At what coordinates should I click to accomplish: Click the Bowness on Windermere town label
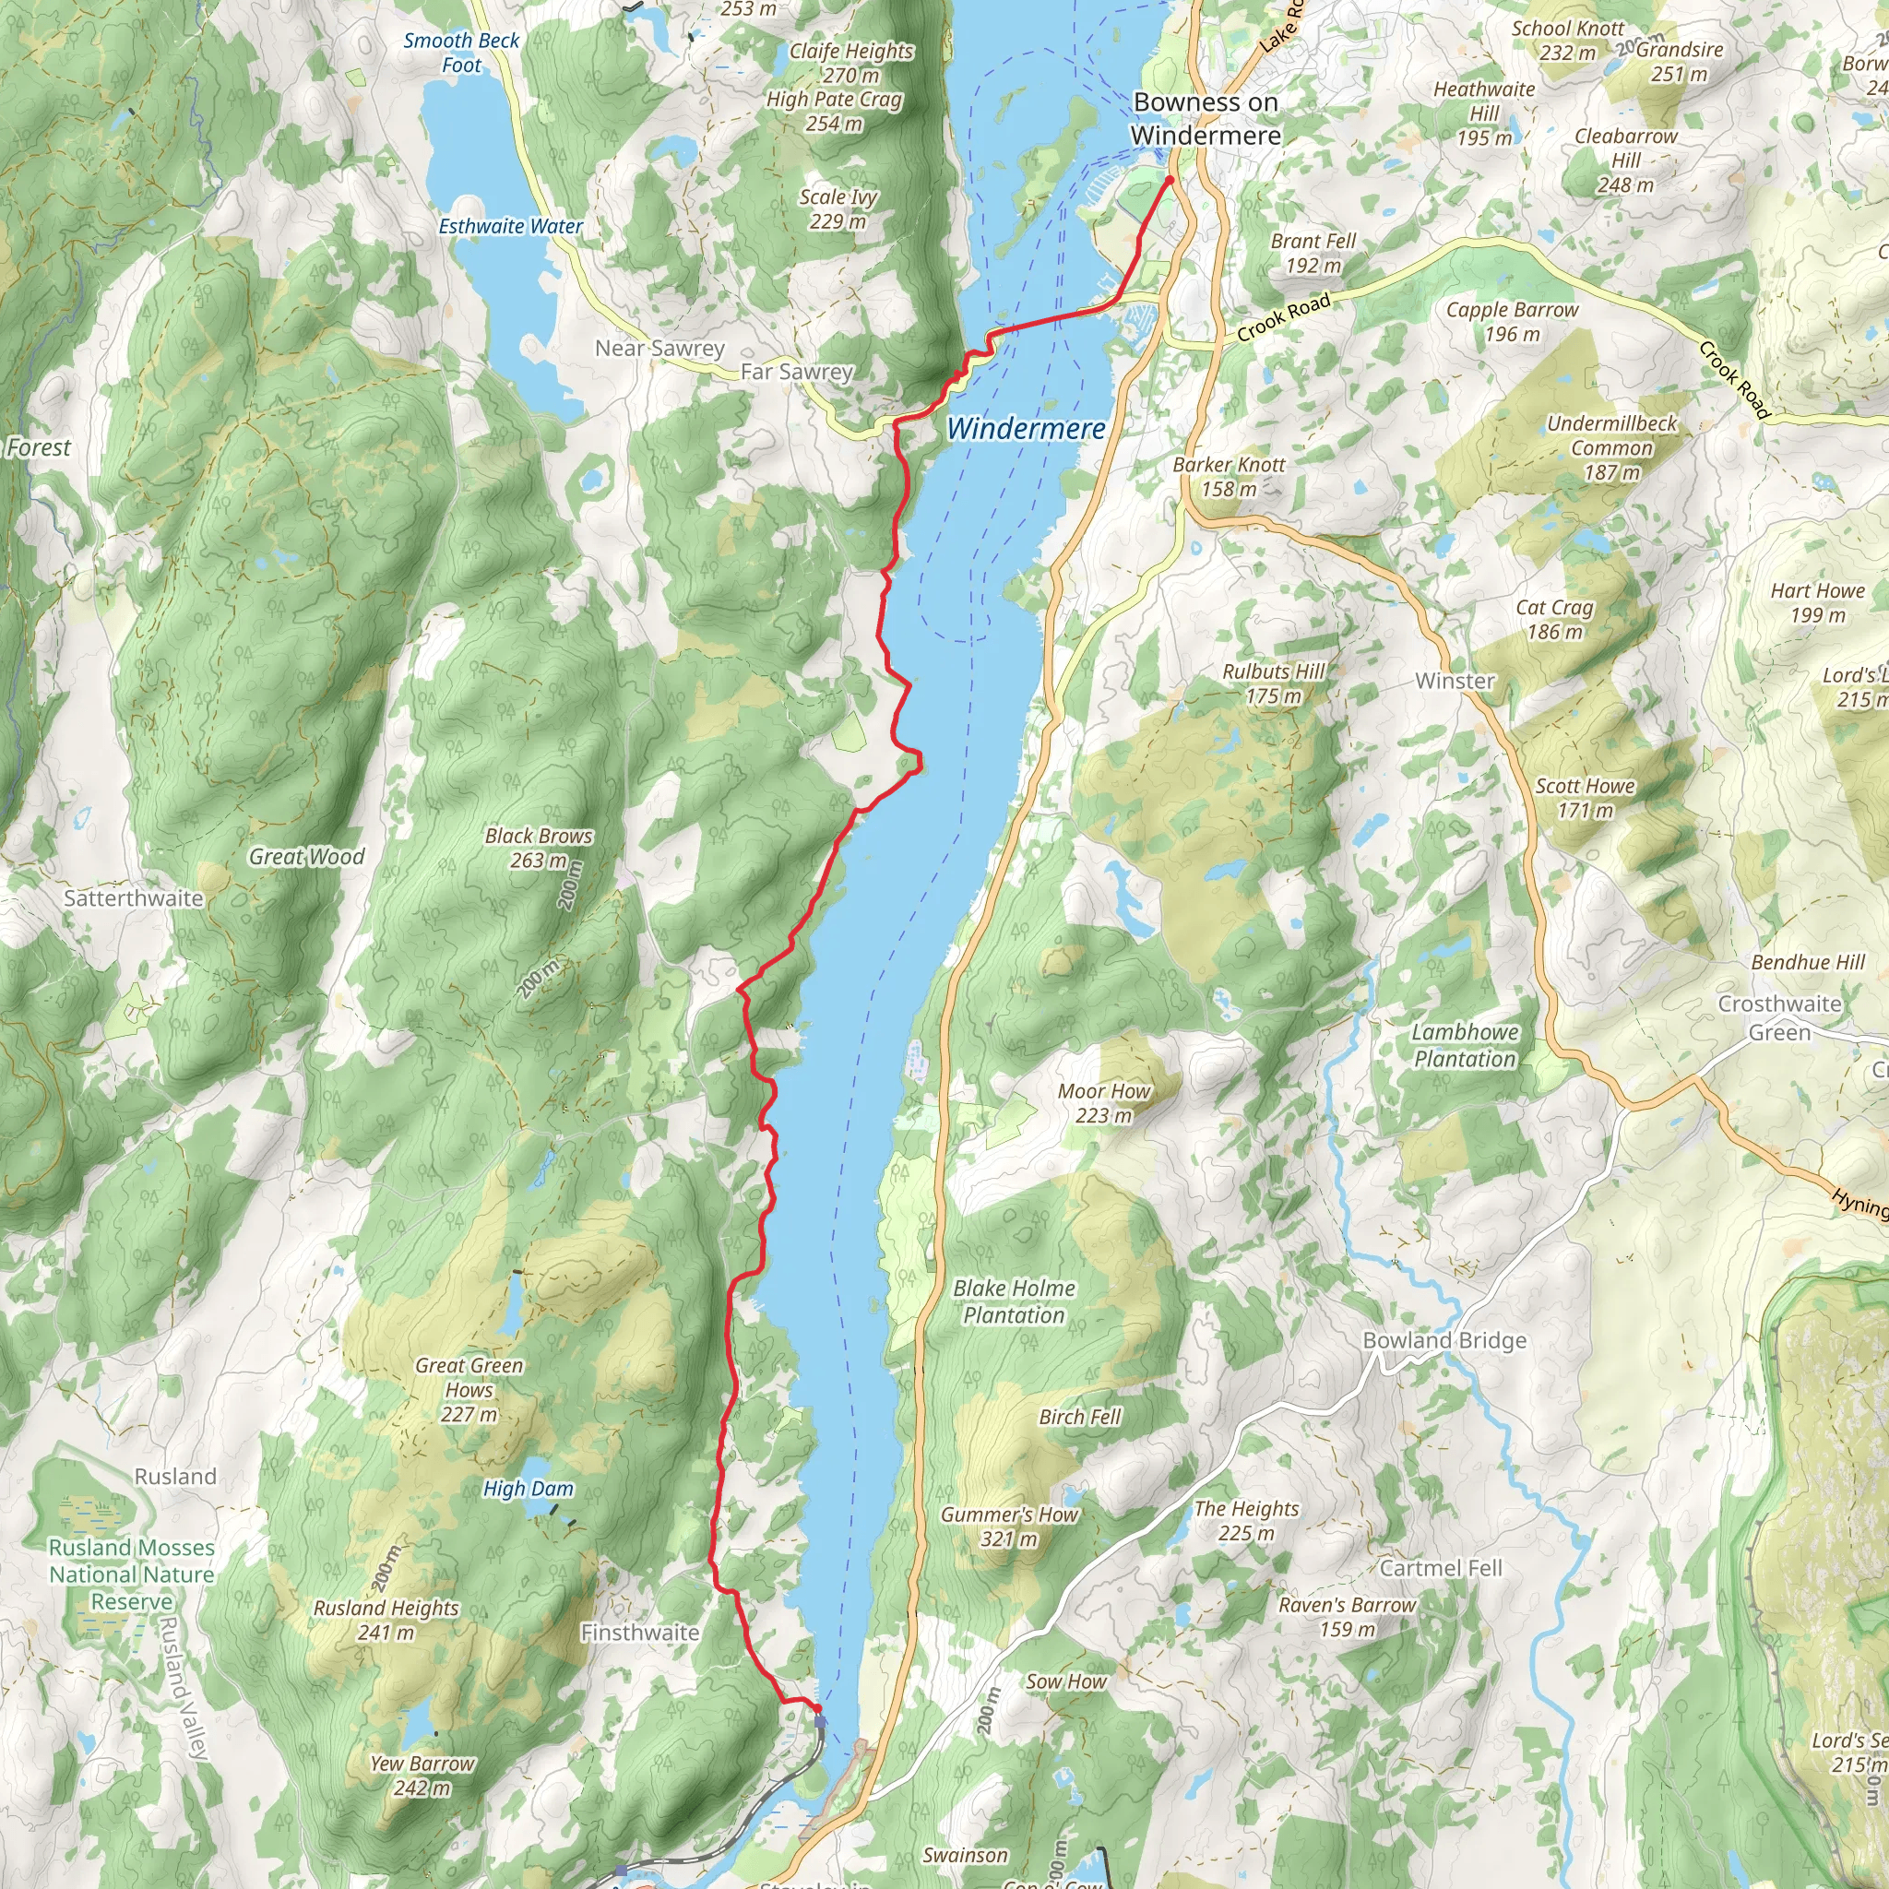pos(1205,118)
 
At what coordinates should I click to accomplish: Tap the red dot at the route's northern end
pos(1170,180)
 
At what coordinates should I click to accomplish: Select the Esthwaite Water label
pos(509,227)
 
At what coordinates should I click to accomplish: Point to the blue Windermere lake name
pos(1026,428)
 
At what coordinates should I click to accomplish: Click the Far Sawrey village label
pos(796,372)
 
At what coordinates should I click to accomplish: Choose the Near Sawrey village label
pos(660,348)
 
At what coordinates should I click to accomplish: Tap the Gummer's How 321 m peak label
pos(1008,1527)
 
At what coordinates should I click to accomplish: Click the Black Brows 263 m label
pos(538,848)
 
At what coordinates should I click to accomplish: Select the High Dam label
pos(528,1489)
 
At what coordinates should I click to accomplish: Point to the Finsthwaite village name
pos(639,1632)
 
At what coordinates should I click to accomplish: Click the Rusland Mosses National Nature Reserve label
pos(131,1574)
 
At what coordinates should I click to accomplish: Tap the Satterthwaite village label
pos(133,897)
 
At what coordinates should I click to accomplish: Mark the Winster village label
pos(1455,681)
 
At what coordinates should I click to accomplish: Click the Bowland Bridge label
pos(1444,1340)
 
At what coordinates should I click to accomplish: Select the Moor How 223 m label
pos(1103,1103)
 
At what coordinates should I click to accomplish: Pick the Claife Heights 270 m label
pos(850,63)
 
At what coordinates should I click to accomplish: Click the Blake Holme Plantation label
pos(1014,1301)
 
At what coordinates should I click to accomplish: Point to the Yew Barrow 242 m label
pos(422,1776)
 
